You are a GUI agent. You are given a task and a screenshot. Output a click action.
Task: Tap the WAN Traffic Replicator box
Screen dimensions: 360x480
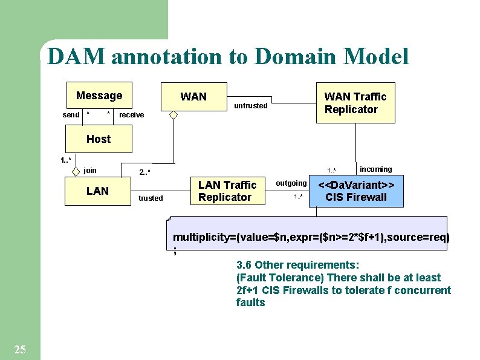click(355, 103)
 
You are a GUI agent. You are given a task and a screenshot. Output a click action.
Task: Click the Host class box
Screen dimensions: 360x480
click(98, 139)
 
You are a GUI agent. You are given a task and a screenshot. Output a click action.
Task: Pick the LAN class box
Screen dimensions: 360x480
click(97, 191)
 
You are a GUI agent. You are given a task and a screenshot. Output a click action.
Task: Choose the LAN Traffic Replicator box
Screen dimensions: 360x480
click(227, 191)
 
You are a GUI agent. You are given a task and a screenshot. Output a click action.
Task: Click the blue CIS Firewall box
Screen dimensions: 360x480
click(356, 191)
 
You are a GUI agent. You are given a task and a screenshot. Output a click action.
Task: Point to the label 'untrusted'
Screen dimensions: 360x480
click(250, 106)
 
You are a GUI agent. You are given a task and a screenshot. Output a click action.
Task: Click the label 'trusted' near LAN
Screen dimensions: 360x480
click(151, 198)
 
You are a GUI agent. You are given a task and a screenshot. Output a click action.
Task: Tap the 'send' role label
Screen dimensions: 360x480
click(71, 115)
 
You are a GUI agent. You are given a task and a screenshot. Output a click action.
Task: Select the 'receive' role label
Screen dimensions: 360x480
click(132, 115)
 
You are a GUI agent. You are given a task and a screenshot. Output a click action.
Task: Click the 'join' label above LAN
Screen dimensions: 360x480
click(90, 171)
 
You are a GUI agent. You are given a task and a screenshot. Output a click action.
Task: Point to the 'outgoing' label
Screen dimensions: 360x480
click(291, 183)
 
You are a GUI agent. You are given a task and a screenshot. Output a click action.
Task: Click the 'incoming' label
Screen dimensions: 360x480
click(375, 169)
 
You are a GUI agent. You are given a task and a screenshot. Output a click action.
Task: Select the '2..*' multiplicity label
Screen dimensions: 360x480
click(144, 173)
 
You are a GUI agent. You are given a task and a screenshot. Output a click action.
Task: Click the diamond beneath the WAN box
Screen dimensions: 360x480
click(173, 115)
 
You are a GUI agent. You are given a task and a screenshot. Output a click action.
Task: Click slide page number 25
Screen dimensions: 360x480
click(19, 349)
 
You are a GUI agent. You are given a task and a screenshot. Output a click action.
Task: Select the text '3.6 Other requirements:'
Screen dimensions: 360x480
click(297, 265)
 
